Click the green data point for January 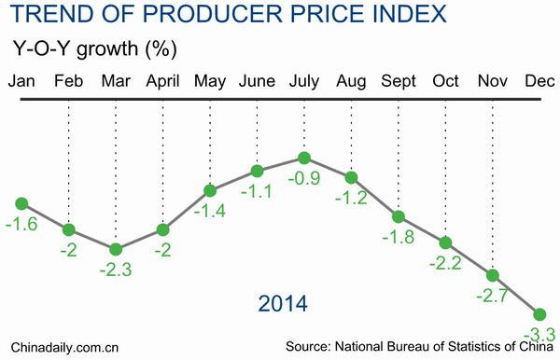coord(21,202)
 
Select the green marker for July coord(303,159)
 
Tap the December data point coord(539,313)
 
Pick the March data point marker coord(116,249)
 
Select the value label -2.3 coord(116,270)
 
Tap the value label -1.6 coord(21,224)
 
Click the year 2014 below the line coord(283,303)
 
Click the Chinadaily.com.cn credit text coord(61,347)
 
